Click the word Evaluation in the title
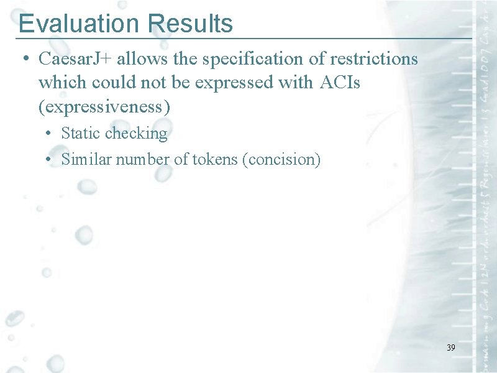(x=80, y=24)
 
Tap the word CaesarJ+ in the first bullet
(x=75, y=59)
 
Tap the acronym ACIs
(x=340, y=83)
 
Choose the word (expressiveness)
(x=104, y=106)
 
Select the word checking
(x=136, y=134)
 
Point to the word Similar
(x=84, y=160)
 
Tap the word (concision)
(x=282, y=160)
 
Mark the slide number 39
(x=450, y=348)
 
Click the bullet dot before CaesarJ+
(x=24, y=60)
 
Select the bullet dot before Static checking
(x=47, y=134)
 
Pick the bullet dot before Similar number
(x=47, y=160)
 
